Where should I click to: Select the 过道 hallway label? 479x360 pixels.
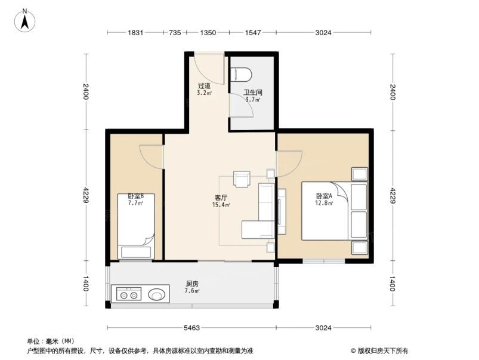pyautogui.click(x=205, y=86)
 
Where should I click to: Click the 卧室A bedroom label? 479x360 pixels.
pyautogui.click(x=324, y=196)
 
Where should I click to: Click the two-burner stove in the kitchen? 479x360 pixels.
pyautogui.click(x=127, y=294)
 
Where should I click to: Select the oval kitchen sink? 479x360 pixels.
pyautogui.click(x=157, y=294)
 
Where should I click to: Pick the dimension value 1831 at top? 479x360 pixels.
pyautogui.click(x=135, y=33)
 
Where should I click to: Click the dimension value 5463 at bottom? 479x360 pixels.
pyautogui.click(x=191, y=328)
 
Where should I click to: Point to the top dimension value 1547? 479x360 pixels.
pyautogui.click(x=253, y=33)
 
